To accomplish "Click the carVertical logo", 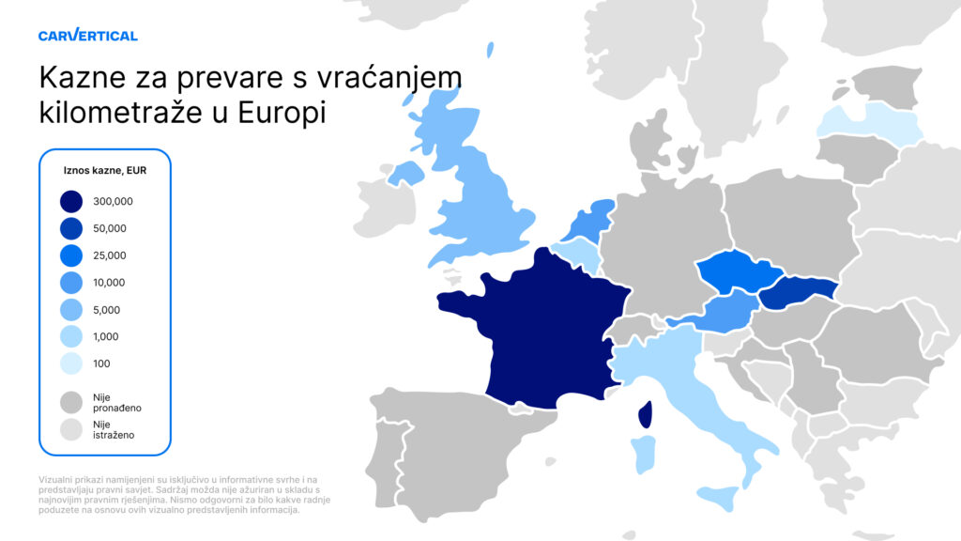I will coord(88,36).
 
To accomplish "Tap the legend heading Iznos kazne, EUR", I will coord(104,171).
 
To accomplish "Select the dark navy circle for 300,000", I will coord(71,201).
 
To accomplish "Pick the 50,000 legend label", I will coord(110,228).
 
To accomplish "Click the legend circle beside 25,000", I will coord(71,255).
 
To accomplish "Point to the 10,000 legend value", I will coord(110,283).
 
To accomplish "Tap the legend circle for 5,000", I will coord(71,310).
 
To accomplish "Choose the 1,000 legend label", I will coord(108,336).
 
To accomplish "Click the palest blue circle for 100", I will coord(71,363).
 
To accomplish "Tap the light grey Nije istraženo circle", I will coord(71,429).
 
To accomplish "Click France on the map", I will coord(544,329).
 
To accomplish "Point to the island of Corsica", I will coord(645,414).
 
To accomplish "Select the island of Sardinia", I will coord(643,454).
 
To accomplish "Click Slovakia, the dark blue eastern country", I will coord(798,294).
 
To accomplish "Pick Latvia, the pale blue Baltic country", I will coord(868,123).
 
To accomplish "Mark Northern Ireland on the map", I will coord(406,172).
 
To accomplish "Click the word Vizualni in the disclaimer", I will coord(58,480).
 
